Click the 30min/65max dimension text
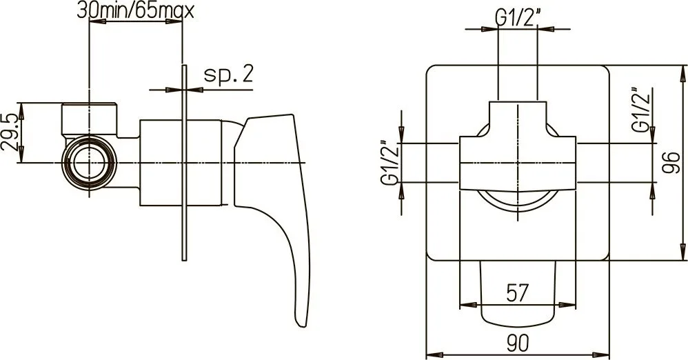[x=135, y=10]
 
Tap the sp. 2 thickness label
[x=229, y=74]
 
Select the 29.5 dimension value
[x=10, y=132]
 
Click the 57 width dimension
[x=518, y=293]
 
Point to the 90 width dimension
[x=518, y=343]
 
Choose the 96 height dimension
[x=671, y=163]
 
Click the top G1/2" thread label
[x=518, y=19]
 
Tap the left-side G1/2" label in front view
[x=390, y=163]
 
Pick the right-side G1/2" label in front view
[x=640, y=110]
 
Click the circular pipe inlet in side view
[x=90, y=163]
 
